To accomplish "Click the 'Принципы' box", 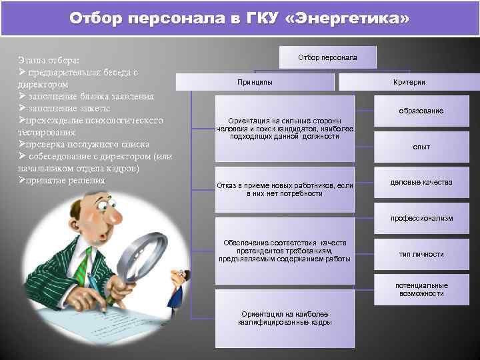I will pos(254,82).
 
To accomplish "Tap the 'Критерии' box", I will pos(409,82).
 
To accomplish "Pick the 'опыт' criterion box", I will pos(421,147).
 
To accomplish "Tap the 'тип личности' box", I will pos(421,254).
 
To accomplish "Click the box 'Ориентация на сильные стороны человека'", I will pos(285,128).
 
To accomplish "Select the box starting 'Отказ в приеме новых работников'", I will pos(285,189).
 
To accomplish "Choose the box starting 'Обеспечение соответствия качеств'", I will pos(285,250).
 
